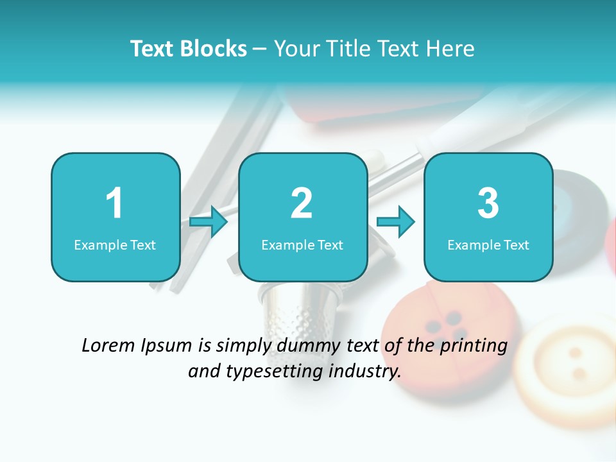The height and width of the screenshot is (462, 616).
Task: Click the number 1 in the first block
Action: (114, 203)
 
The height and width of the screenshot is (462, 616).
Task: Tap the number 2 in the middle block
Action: (302, 203)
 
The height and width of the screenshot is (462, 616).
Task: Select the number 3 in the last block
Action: (488, 203)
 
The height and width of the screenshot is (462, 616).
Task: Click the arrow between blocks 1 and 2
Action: (209, 222)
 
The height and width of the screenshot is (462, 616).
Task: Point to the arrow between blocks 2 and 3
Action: (396, 222)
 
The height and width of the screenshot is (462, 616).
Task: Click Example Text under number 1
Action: (115, 245)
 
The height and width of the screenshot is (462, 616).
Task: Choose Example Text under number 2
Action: (302, 245)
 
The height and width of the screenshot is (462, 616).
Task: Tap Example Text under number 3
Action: (488, 245)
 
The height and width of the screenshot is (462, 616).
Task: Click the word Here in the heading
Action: (452, 49)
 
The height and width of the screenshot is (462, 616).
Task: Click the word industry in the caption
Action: (366, 372)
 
